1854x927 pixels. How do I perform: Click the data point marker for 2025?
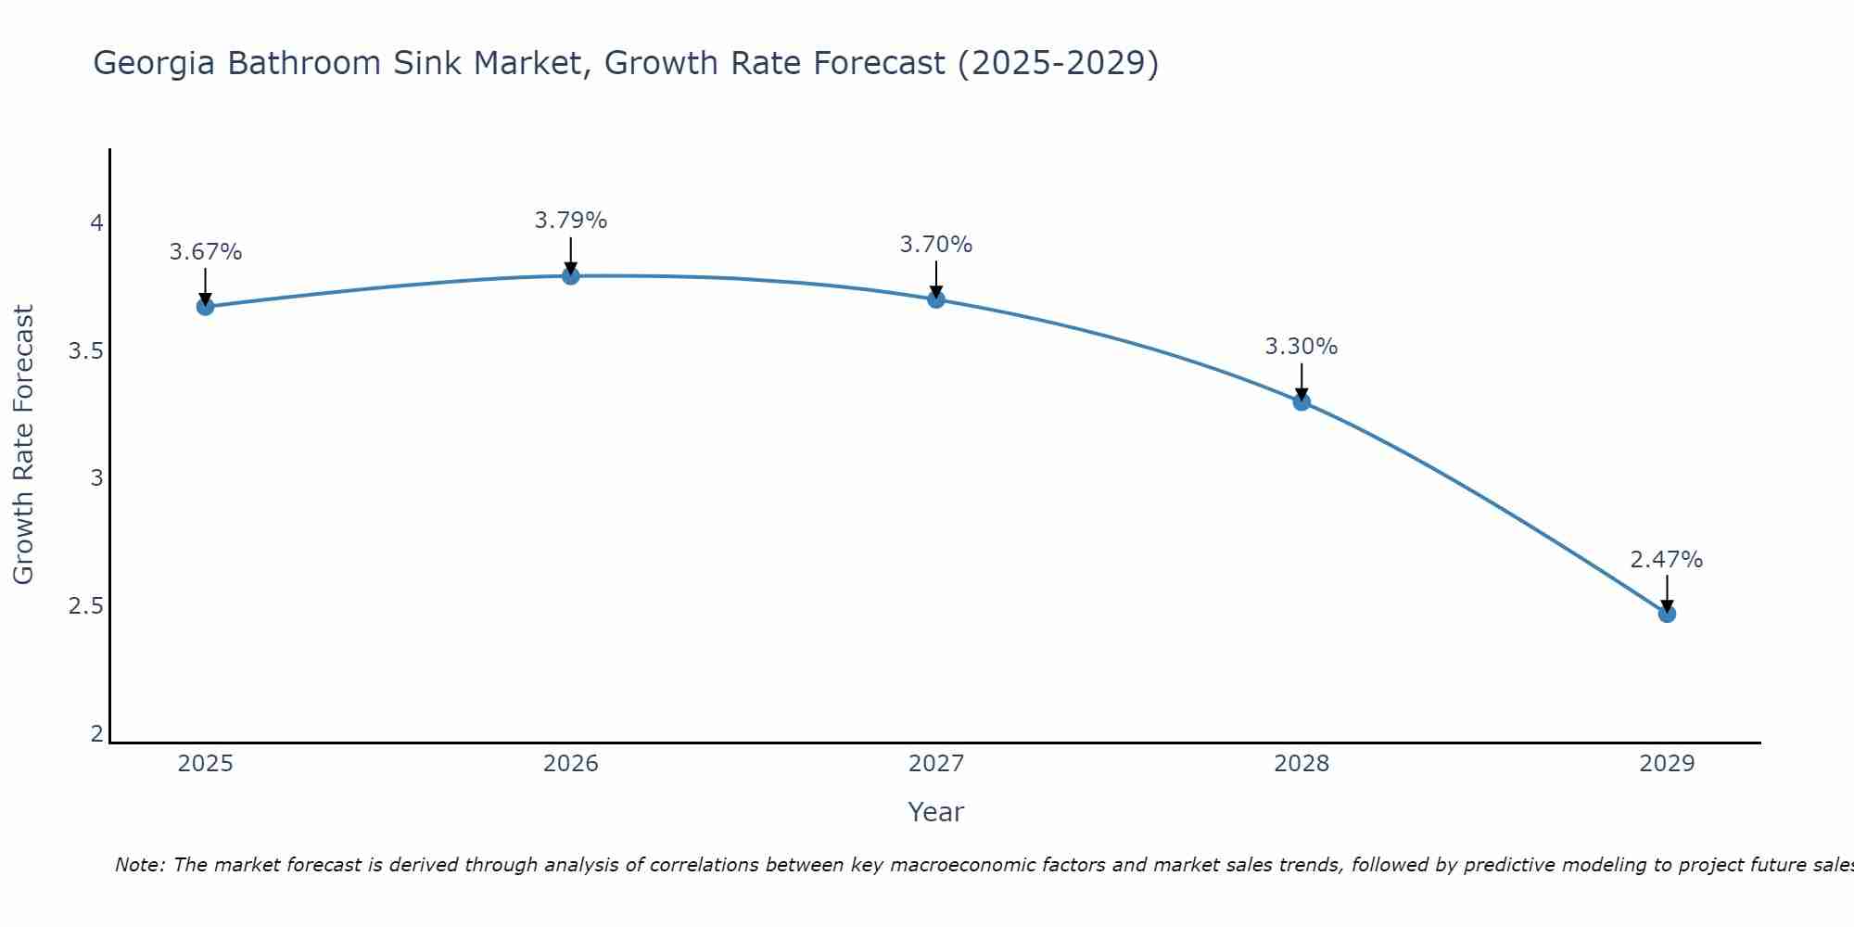coord(205,307)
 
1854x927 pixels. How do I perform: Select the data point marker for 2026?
coord(570,276)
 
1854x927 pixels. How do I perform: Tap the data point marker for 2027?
coord(935,299)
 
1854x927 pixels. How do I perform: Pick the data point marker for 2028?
coord(1301,401)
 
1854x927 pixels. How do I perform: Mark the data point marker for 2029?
coord(1666,614)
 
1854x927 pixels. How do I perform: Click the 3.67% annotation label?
coord(205,252)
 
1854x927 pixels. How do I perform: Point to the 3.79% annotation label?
coord(570,221)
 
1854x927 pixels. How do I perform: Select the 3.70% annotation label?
coord(935,245)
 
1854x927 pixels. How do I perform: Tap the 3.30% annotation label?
coord(1301,347)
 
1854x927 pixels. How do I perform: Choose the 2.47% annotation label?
coord(1666,560)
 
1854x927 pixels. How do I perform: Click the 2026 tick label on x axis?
coord(570,764)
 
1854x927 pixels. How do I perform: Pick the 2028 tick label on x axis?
coord(1301,764)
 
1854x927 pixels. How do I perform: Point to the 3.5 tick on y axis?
coord(85,351)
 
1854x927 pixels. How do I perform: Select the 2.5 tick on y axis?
coord(85,606)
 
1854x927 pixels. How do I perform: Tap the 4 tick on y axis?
coord(95,223)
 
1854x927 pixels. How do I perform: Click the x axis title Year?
coord(935,812)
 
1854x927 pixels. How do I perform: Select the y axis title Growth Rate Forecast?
coord(23,445)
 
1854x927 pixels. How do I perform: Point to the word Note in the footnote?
coord(139,865)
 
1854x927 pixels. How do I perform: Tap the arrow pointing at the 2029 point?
coord(1666,593)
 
